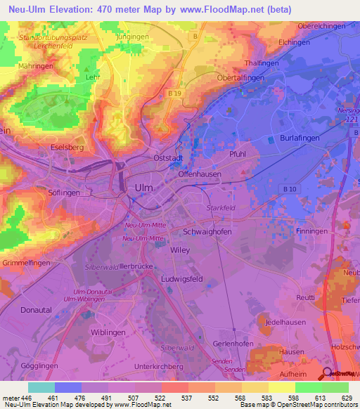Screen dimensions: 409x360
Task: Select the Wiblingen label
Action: (x=108, y=331)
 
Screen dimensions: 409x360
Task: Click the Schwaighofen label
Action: (x=207, y=231)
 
